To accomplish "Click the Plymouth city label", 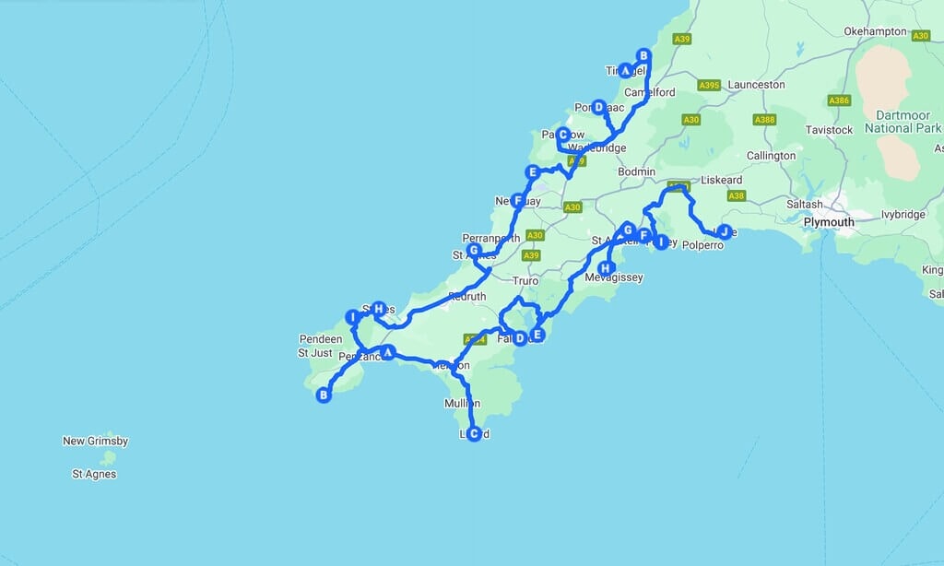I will [x=829, y=222].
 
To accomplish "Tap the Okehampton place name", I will [x=876, y=31].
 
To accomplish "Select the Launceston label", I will [x=756, y=85].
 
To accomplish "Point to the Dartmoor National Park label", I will [x=903, y=122].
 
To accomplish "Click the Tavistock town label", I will [x=829, y=130].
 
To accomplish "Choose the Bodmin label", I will [x=637, y=172].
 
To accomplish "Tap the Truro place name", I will [x=525, y=280].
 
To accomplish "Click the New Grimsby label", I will [x=95, y=442].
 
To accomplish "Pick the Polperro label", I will [x=705, y=246].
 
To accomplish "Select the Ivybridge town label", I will [x=902, y=215].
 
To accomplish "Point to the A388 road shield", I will [x=764, y=120].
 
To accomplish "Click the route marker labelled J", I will [x=725, y=230].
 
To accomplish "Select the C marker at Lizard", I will [x=474, y=433].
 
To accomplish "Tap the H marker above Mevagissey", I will [x=606, y=268].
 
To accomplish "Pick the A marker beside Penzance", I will [x=388, y=351].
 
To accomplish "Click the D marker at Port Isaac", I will [x=598, y=107].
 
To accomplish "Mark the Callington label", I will [x=771, y=156].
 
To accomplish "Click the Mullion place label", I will [x=462, y=404].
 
